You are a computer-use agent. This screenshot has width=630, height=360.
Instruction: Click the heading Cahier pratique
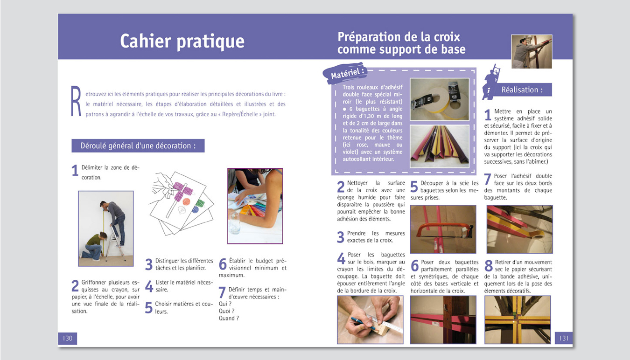coord(182,41)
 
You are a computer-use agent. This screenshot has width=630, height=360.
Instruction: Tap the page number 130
coord(68,338)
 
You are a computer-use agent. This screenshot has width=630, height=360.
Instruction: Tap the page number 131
coord(564,338)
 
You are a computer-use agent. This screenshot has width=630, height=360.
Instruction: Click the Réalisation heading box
coord(522,90)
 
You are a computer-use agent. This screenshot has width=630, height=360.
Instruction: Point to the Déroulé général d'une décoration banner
coord(138,145)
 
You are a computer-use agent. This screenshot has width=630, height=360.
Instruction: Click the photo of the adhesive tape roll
coord(440,99)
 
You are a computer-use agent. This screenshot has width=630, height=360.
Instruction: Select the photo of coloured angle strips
coord(440,146)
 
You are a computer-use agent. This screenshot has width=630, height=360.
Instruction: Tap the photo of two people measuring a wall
coord(106,228)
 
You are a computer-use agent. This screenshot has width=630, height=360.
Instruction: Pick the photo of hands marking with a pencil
coord(370,319)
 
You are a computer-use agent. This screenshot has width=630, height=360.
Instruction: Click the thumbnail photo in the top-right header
coord(532,52)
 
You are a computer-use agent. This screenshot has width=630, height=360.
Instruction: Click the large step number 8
coord(489,266)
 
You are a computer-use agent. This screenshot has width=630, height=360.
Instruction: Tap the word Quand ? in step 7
coord(229,318)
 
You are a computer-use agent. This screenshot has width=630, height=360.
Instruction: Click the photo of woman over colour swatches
coord(255,206)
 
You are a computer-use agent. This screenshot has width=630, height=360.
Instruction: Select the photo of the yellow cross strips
coord(518,319)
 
